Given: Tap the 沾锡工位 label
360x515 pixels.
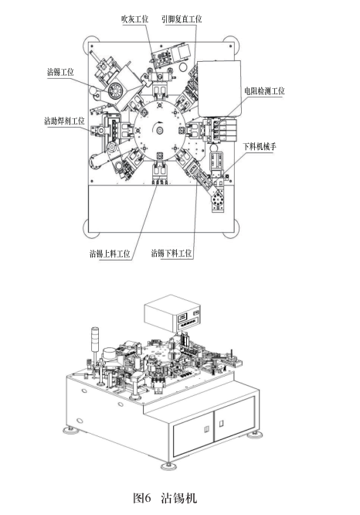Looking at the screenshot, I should coord(60,72).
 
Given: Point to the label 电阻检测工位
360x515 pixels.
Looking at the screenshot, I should coord(264,90).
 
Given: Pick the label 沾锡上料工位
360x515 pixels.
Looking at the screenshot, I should coord(110,253).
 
